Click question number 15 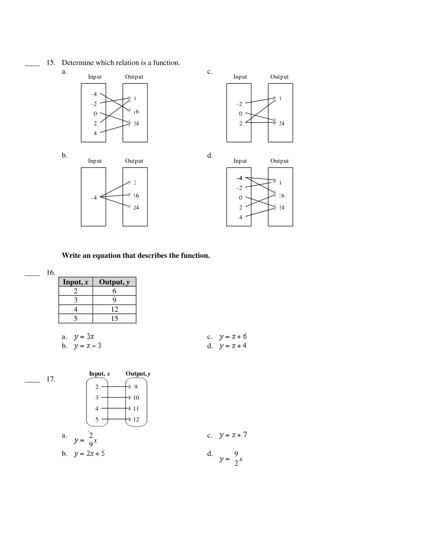coord(51,63)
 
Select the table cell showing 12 coord(114,309)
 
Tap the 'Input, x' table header coord(76,282)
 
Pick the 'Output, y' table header coord(114,282)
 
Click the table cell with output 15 coord(114,318)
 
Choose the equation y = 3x coord(84,337)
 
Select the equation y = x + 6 coord(233,337)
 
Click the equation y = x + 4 coord(233,346)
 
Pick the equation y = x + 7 coord(233,435)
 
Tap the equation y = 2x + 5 coord(89,454)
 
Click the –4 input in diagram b coord(94,197)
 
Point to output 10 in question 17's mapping coord(136,397)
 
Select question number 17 coord(51,379)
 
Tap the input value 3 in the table coord(76,300)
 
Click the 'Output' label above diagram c coord(280,77)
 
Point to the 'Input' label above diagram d coord(240,161)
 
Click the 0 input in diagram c coord(241,113)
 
